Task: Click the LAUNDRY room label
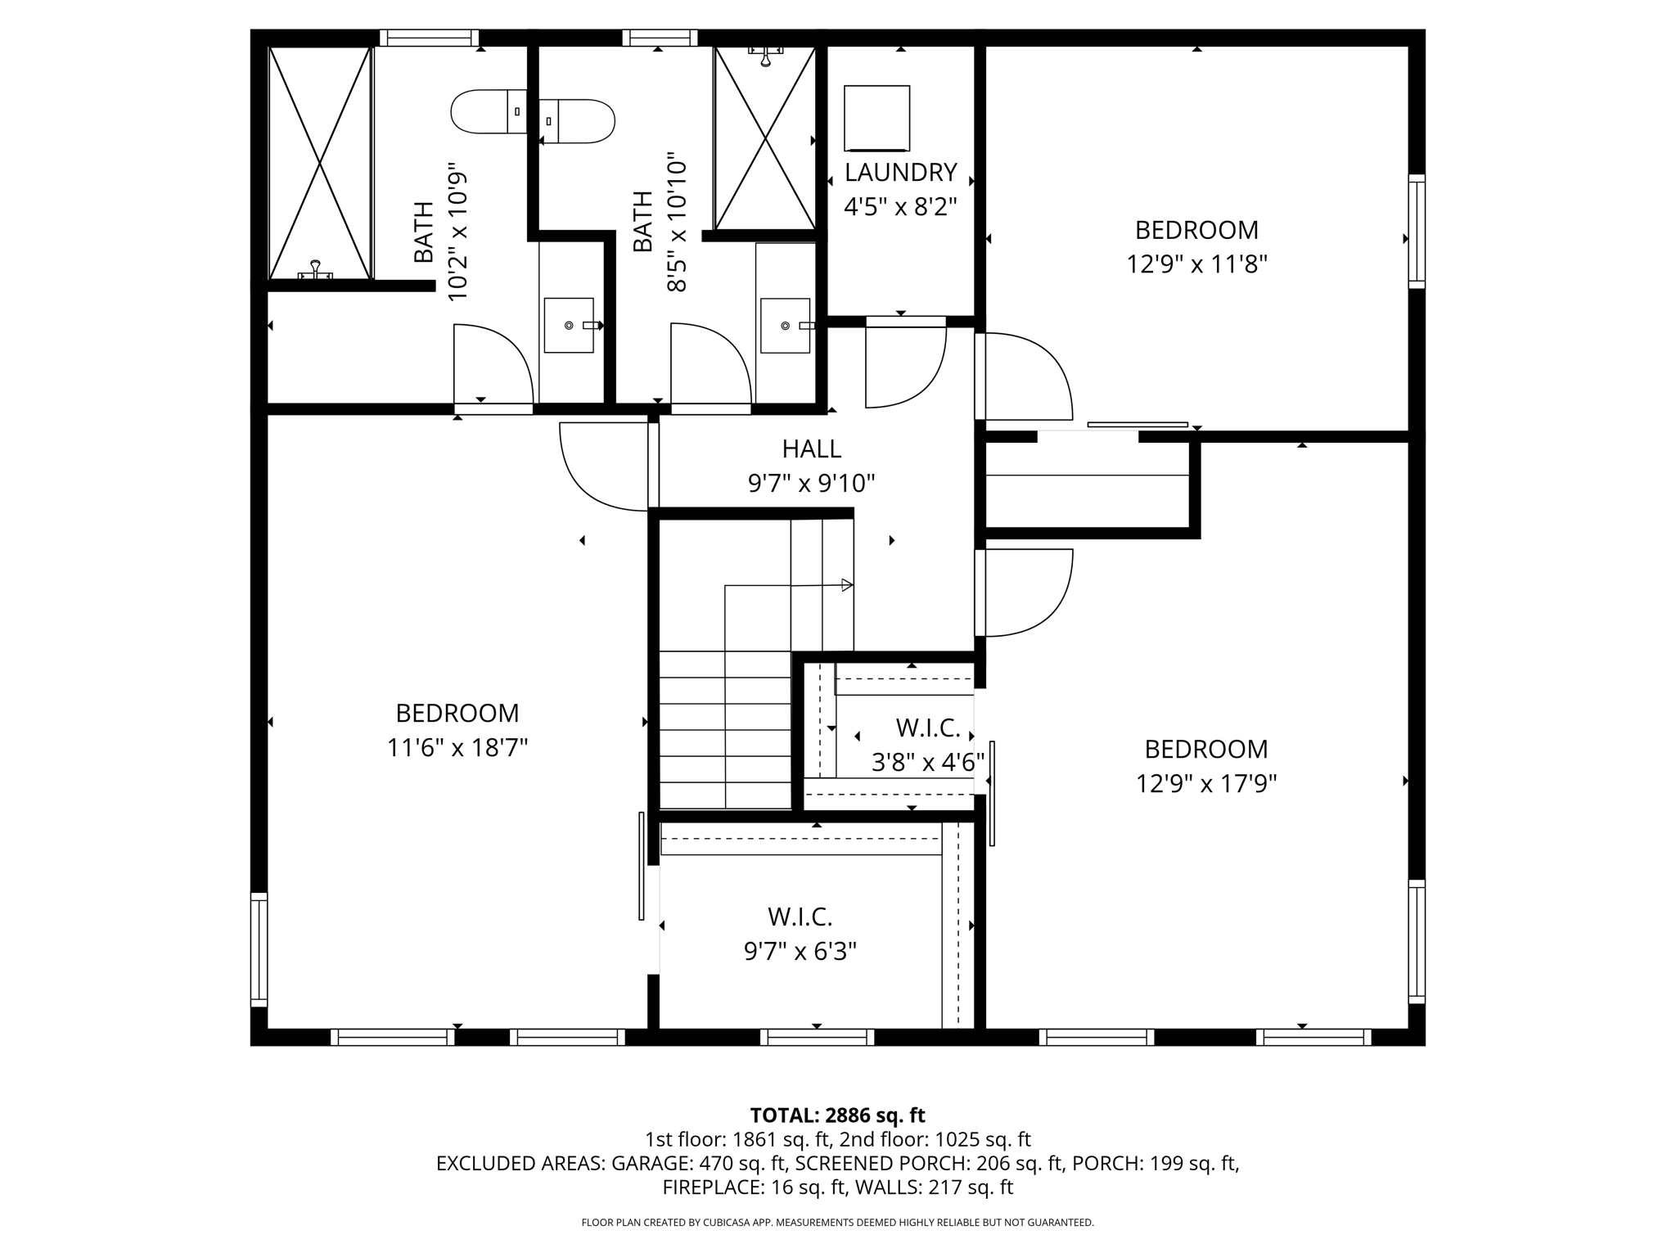click(900, 173)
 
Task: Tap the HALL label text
click(811, 448)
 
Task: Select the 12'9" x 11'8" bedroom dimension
click(1196, 264)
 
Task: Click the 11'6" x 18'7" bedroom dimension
click(457, 748)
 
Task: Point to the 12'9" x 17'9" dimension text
click(1205, 784)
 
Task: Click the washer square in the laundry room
click(877, 119)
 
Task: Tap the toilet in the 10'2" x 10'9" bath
click(489, 112)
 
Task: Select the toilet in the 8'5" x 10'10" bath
click(578, 121)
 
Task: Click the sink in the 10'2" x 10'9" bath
click(569, 325)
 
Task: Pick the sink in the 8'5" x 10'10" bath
click(785, 326)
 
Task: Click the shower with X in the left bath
click(320, 163)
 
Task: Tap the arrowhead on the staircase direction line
click(847, 585)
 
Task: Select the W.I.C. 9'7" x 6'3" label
click(800, 934)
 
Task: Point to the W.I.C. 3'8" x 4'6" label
click(927, 745)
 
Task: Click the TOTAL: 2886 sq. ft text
click(837, 1115)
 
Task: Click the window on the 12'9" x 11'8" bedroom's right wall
click(1417, 231)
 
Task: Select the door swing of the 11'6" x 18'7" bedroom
click(602, 467)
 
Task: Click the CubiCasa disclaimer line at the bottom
click(837, 1223)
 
